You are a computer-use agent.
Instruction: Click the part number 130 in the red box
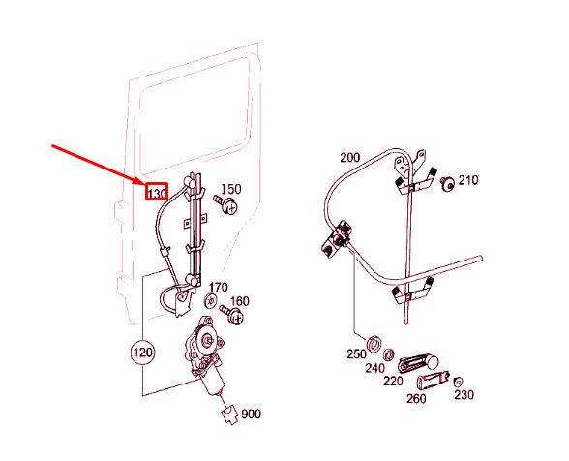tap(157, 193)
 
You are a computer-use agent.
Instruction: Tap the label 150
tap(231, 189)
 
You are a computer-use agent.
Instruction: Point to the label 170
tap(219, 287)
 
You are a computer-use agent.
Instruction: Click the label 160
tap(239, 301)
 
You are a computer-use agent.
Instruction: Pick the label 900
tap(251, 415)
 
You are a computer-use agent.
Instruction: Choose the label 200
tap(348, 157)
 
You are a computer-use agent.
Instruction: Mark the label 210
tap(467, 180)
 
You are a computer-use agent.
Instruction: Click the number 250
tap(357, 354)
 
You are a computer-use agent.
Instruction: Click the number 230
tap(464, 394)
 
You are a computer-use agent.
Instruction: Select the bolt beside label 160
tap(231, 313)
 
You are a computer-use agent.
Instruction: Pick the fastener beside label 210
tap(448, 185)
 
